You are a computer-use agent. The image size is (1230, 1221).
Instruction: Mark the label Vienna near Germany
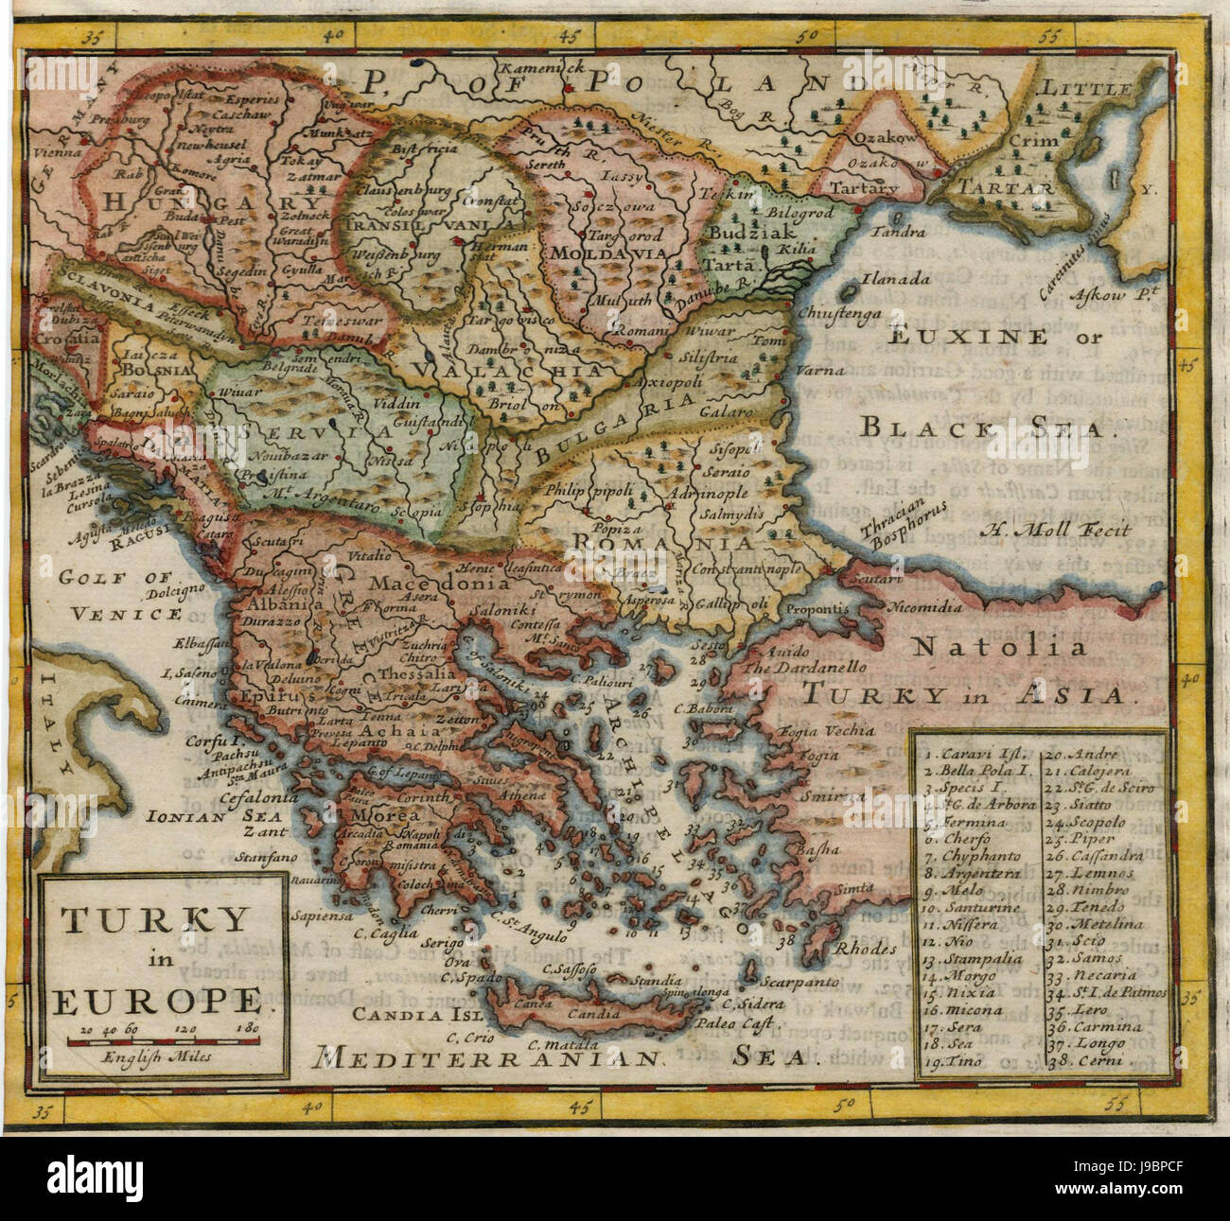pyautogui.click(x=57, y=151)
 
